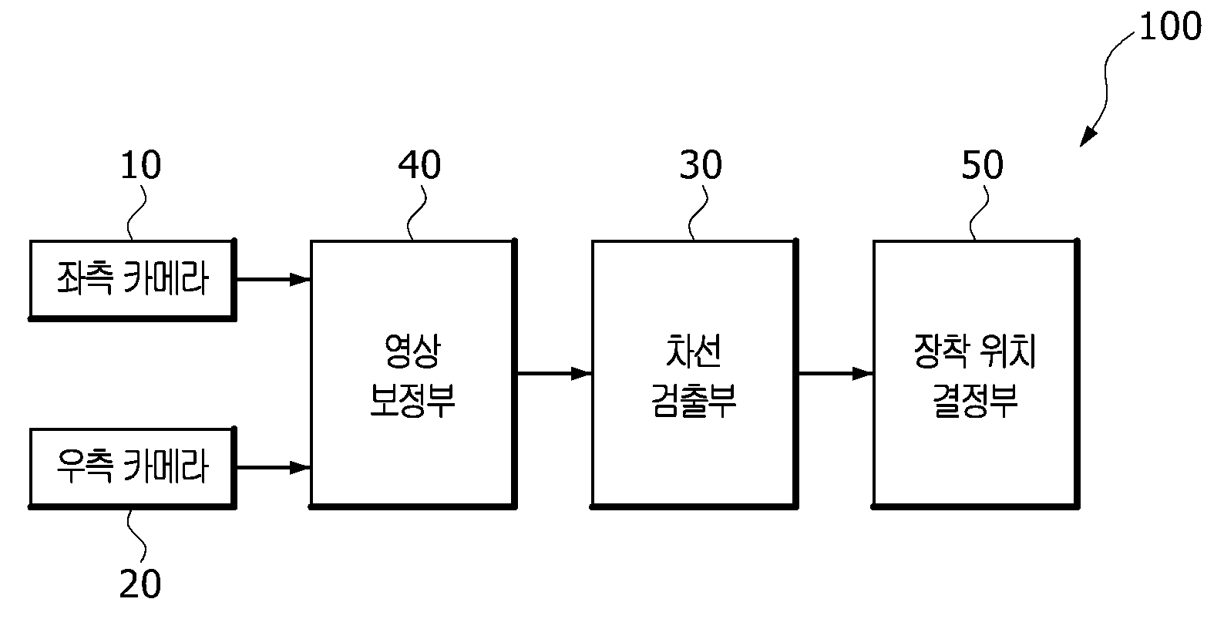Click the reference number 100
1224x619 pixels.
(x=1171, y=26)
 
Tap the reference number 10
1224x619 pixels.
(x=140, y=164)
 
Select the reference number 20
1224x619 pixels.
(x=140, y=584)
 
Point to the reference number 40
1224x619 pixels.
(x=419, y=164)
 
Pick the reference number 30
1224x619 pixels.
(x=701, y=164)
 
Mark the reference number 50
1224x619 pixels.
(x=982, y=164)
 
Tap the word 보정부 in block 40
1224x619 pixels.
(x=412, y=400)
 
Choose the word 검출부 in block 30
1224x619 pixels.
(x=694, y=400)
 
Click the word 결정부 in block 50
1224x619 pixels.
(x=975, y=400)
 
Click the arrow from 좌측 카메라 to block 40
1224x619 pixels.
(x=274, y=279)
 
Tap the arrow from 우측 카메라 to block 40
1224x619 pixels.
(x=274, y=468)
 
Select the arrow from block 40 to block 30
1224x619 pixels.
(x=555, y=374)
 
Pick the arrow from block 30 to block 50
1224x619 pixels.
(x=836, y=374)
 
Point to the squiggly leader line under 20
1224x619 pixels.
(x=136, y=536)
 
